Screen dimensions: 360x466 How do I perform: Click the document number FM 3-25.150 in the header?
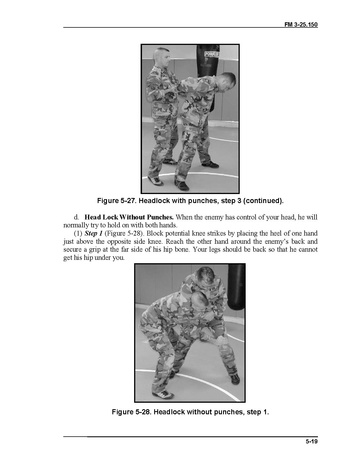pos(301,24)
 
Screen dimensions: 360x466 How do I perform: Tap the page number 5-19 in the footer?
pos(312,442)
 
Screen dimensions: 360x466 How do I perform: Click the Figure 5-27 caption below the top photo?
pos(190,201)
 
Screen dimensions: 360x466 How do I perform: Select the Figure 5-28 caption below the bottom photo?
pos(190,412)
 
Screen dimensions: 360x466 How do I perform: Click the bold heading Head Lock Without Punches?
pos(129,217)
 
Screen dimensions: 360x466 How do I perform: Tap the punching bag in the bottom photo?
pos(236,287)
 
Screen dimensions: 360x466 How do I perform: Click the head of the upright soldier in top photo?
pos(162,56)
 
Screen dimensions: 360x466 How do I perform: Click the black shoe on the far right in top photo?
pos(211,164)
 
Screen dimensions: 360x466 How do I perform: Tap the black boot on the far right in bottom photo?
pos(235,379)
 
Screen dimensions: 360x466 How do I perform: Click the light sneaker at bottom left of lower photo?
pos(163,394)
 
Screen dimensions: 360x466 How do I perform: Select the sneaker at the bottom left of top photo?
pos(155,181)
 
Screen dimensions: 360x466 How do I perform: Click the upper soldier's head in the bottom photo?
pos(204,276)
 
